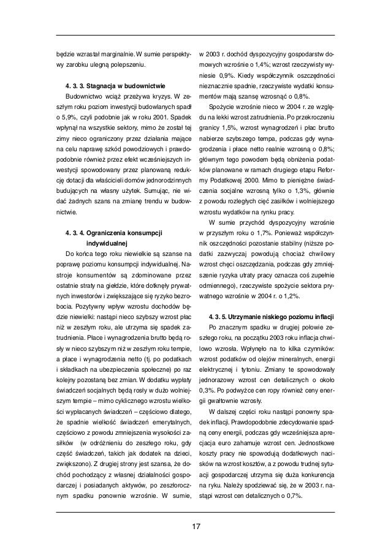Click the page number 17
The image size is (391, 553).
pyautogui.click(x=195, y=527)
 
